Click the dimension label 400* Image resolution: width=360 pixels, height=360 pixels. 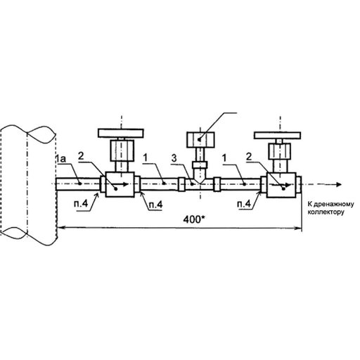pyautogui.click(x=194, y=219)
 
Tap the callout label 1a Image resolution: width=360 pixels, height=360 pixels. pyautogui.click(x=60, y=159)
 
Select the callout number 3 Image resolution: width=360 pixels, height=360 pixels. pyautogui.click(x=174, y=158)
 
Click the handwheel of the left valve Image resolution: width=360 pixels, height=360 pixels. pyautogui.click(x=121, y=133)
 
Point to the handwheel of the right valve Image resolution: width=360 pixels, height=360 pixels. pyautogui.click(x=277, y=135)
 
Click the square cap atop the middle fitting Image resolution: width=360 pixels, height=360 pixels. pyautogui.click(x=200, y=140)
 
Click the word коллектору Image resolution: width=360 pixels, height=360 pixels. pyautogui.click(x=326, y=212)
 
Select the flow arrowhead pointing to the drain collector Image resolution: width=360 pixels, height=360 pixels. pyautogui.click(x=338, y=184)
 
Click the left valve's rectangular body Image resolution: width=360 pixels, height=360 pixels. pyautogui.click(x=120, y=184)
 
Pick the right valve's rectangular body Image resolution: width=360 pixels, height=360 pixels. pyautogui.click(x=281, y=185)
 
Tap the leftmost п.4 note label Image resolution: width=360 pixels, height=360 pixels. pyautogui.click(x=81, y=203)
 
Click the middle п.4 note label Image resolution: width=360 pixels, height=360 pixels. pyautogui.click(x=155, y=205)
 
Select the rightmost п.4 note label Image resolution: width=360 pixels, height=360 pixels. pyautogui.click(x=244, y=204)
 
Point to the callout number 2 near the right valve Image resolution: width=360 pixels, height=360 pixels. pyautogui.click(x=249, y=157)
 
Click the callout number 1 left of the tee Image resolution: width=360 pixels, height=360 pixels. pyautogui.click(x=146, y=157)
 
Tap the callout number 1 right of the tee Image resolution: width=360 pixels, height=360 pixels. pyautogui.click(x=224, y=158)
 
